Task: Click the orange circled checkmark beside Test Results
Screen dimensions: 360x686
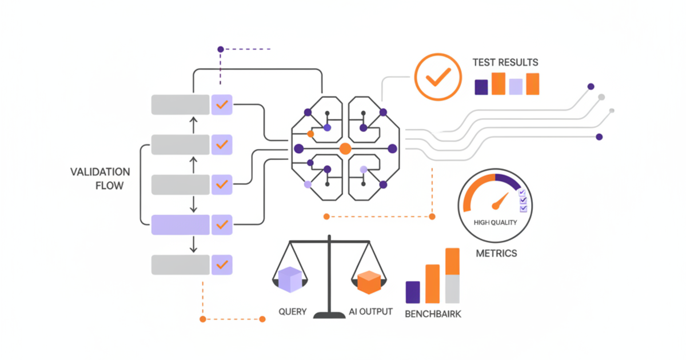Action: pos(433,77)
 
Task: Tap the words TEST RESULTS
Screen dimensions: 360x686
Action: pos(505,62)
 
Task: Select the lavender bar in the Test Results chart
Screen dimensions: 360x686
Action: pos(516,86)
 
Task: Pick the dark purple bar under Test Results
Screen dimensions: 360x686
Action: pos(481,87)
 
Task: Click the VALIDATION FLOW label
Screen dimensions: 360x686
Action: pos(100,178)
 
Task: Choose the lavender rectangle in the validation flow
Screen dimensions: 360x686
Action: pos(180,225)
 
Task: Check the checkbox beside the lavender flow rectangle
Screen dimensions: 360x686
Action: pos(222,225)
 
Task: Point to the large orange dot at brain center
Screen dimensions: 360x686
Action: pos(345,149)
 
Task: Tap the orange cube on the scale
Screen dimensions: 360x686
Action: pos(369,281)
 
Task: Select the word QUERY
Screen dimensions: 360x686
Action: pos(293,312)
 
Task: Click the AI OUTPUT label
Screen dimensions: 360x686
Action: pos(370,312)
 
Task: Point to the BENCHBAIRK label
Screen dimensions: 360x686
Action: pos(433,314)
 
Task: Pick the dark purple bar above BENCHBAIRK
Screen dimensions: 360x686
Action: pos(413,292)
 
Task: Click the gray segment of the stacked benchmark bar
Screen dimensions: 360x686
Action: pos(452,289)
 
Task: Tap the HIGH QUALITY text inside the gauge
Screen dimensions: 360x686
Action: pos(496,222)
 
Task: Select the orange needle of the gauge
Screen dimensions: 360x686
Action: pos(501,200)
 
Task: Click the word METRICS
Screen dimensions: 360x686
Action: pos(496,253)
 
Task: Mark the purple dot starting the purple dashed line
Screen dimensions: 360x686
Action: pos(221,50)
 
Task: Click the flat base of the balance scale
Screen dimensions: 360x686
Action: pos(329,314)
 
